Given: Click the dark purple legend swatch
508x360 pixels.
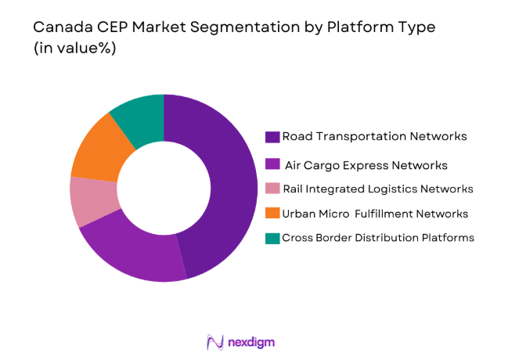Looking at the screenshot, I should click(272, 137).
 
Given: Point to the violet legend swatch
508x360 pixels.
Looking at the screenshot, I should click(272, 165).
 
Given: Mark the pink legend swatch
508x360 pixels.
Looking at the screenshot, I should click(272, 189).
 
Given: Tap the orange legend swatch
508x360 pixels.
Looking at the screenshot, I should click(272, 214).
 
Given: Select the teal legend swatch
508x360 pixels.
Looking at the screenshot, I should click(272, 238).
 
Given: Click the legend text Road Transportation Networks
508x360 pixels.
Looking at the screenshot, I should click(375, 136).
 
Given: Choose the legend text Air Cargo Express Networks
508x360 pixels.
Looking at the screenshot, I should click(367, 165).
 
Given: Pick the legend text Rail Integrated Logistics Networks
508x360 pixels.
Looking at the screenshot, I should click(378, 189).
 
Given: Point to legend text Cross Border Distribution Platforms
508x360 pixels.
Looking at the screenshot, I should click(378, 238).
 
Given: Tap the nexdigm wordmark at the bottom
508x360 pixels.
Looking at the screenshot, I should click(252, 342).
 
